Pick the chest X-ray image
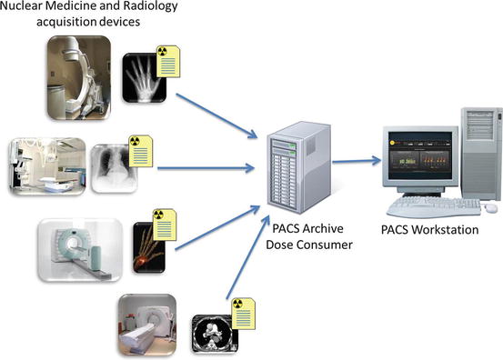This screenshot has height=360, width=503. pyautogui.click(x=113, y=165)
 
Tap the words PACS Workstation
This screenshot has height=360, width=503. pyautogui.click(x=432, y=230)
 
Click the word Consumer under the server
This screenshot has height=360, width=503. pyautogui.click(x=315, y=243)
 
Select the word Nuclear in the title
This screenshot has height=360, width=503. pyautogui.click(x=26, y=10)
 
